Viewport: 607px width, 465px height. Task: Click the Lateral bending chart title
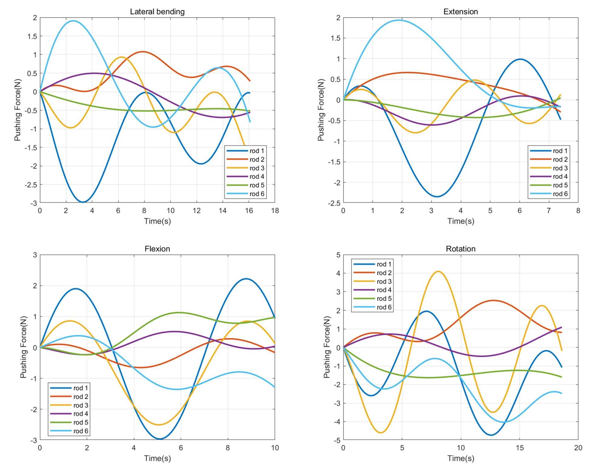point(157,12)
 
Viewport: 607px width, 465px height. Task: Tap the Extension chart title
point(460,12)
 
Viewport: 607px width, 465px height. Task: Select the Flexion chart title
point(157,249)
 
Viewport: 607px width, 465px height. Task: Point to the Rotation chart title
point(460,249)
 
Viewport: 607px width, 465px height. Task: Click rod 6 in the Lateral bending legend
point(257,194)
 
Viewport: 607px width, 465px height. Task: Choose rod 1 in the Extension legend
point(560,151)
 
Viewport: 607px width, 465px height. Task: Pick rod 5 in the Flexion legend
point(81,422)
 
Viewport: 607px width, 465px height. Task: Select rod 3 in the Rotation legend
point(384,282)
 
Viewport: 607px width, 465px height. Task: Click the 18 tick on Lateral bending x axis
point(275,210)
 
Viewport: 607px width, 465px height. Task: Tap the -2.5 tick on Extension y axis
point(334,203)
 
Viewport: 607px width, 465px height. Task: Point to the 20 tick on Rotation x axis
point(578,448)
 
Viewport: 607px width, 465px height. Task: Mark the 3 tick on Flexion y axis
point(35,255)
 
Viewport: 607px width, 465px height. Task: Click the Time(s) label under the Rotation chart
point(460,458)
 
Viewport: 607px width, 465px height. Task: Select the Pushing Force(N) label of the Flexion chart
point(23,347)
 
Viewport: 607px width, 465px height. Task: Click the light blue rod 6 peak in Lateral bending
point(73,21)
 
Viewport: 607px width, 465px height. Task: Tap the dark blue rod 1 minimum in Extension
point(436,197)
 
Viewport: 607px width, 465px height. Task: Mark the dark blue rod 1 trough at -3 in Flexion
point(160,439)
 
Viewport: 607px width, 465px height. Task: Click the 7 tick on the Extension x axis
point(549,210)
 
